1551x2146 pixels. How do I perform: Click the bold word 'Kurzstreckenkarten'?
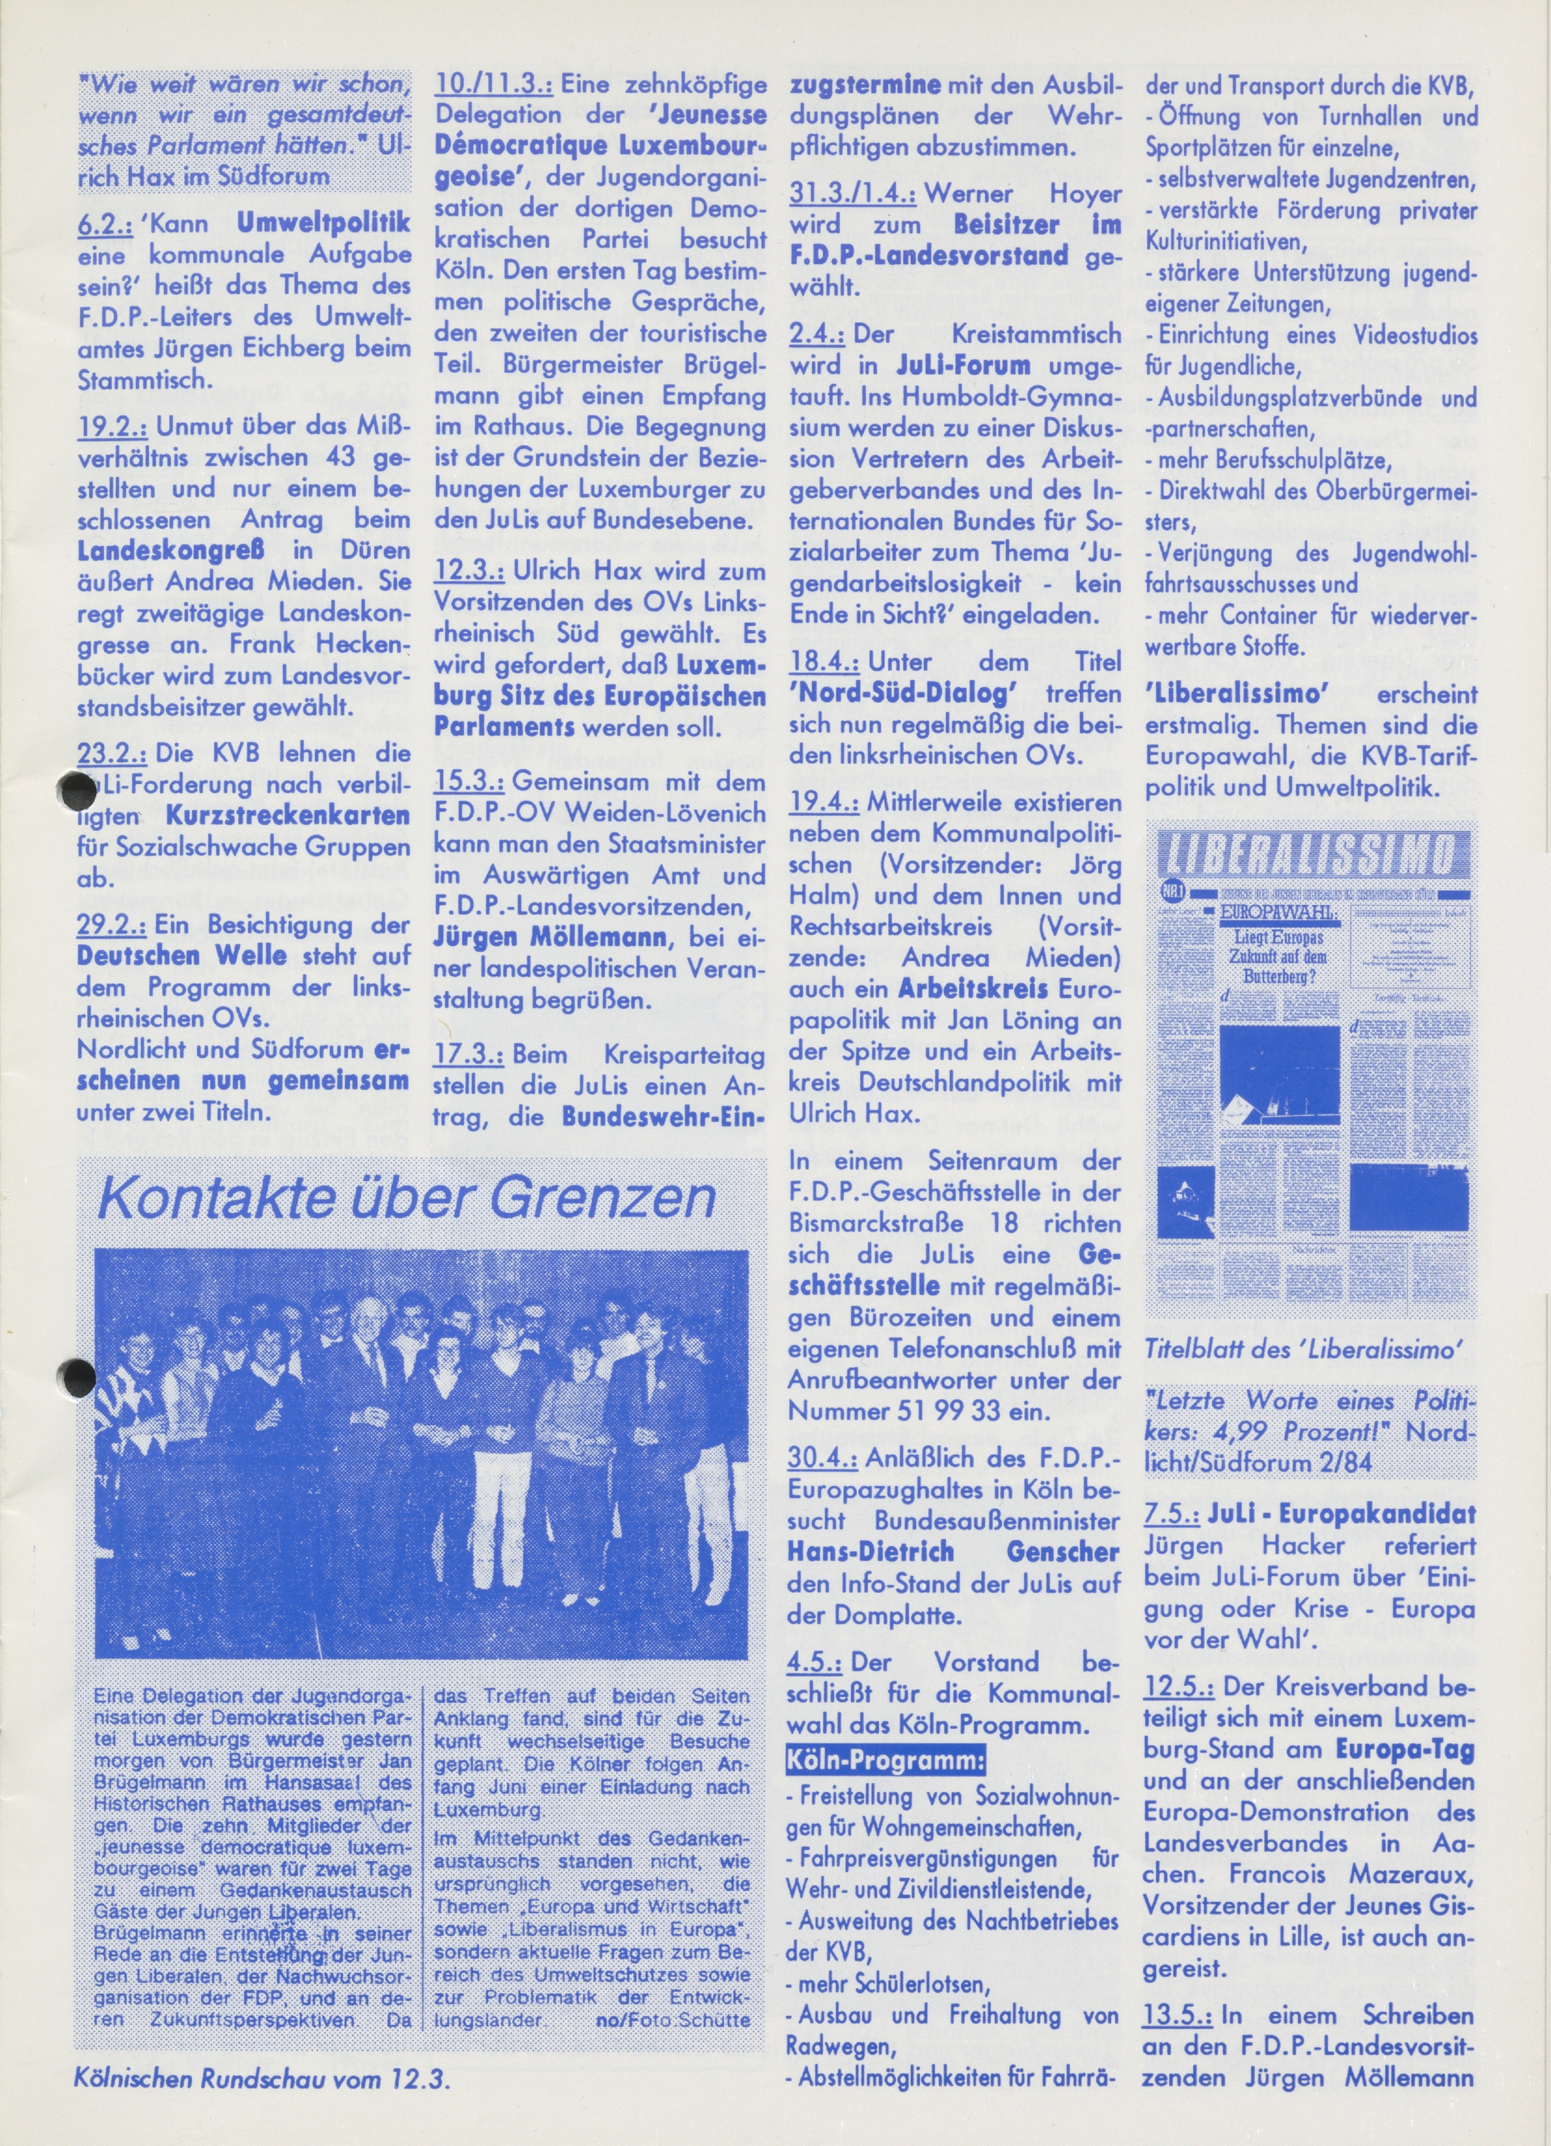click(288, 815)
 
